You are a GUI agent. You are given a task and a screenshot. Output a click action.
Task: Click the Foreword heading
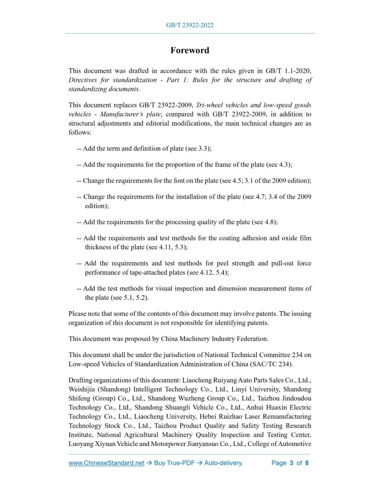pos(189,50)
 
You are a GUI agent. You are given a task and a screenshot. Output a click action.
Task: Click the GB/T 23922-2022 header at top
pos(189,25)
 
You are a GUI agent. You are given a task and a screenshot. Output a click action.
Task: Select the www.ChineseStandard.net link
pos(106,463)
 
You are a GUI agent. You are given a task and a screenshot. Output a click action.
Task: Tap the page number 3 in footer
pos(292,463)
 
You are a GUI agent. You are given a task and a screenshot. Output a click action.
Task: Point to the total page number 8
pos(307,463)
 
